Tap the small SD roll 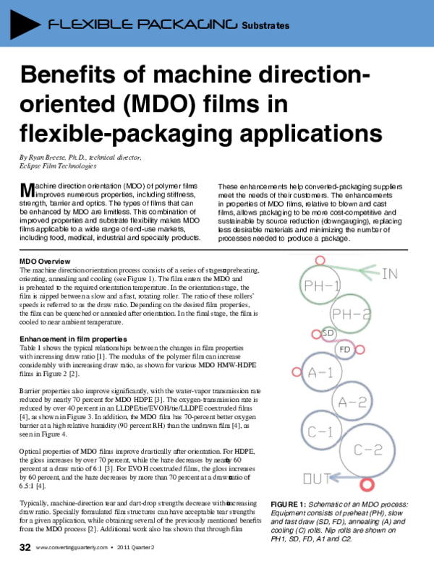328,333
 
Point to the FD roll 346,350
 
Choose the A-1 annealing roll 320,373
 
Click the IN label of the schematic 411,254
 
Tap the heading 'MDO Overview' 44,260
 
